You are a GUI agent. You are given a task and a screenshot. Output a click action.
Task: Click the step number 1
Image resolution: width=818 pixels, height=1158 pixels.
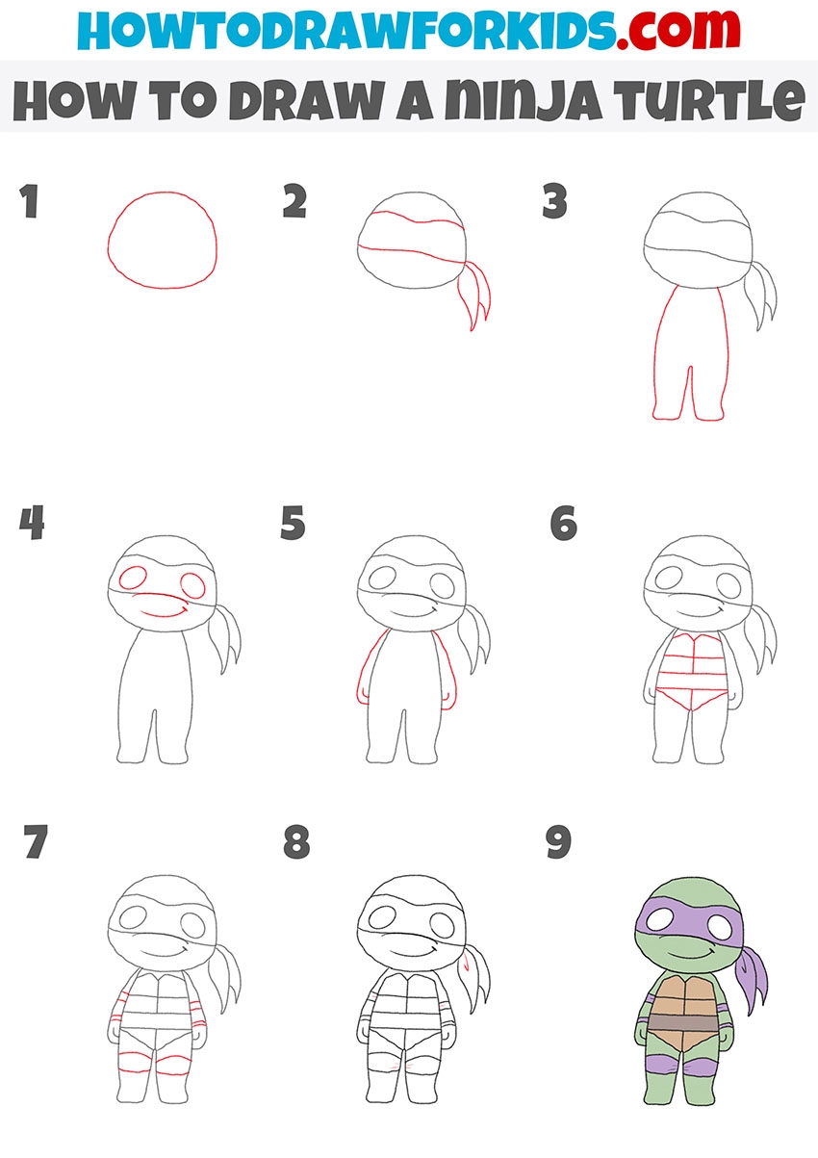pyautogui.click(x=29, y=201)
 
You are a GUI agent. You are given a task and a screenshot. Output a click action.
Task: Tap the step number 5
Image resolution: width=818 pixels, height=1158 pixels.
pyautogui.click(x=293, y=523)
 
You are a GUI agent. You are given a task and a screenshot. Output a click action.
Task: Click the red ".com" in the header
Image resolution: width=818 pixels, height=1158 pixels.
pyautogui.click(x=677, y=30)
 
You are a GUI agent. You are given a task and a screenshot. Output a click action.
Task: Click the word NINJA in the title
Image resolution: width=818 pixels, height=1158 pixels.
pyautogui.click(x=523, y=101)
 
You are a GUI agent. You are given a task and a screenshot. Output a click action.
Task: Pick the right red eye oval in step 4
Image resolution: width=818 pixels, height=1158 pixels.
pyautogui.click(x=193, y=585)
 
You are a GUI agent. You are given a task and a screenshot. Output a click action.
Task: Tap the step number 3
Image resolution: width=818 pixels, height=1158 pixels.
pyautogui.click(x=555, y=201)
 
